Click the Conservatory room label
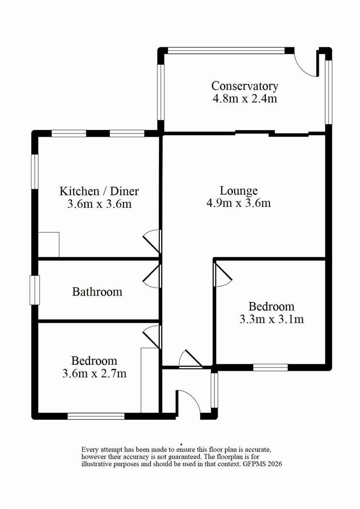click(x=245, y=86)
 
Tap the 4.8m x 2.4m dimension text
click(x=245, y=99)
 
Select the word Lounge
click(x=239, y=191)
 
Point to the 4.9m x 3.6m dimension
click(x=239, y=204)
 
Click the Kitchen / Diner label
click(x=99, y=191)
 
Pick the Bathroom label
click(x=97, y=292)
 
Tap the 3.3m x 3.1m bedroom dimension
click(x=271, y=319)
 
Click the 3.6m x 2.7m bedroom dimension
click(x=94, y=374)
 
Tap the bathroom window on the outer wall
click(x=34, y=290)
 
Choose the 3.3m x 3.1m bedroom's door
click(x=222, y=274)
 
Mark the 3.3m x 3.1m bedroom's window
click(x=270, y=367)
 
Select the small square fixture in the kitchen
click(x=49, y=245)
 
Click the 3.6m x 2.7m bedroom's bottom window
click(x=96, y=416)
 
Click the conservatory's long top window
click(x=227, y=50)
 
